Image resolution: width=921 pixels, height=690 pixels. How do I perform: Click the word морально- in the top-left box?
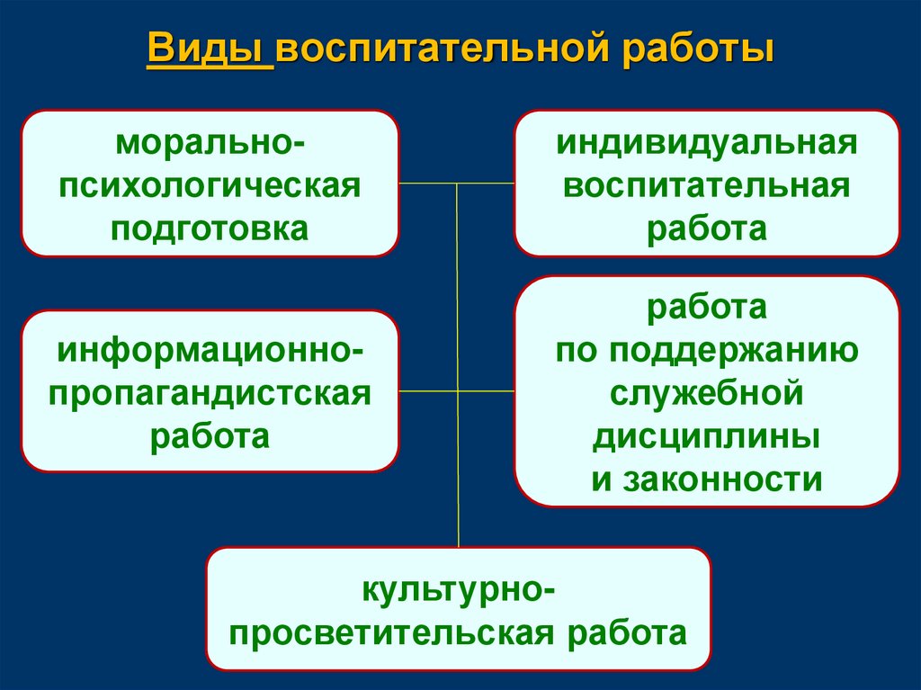(210, 144)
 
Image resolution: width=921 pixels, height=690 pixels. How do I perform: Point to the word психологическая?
(210, 185)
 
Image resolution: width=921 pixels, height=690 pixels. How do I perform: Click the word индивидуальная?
(706, 144)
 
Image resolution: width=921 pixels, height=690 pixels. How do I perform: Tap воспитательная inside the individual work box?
(706, 185)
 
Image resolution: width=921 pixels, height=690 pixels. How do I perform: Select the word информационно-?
(210, 348)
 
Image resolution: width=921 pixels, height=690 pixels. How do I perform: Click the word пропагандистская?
(210, 392)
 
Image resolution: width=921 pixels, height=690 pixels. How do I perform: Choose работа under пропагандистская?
(210, 436)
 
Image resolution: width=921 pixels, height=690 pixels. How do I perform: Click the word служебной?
(706, 393)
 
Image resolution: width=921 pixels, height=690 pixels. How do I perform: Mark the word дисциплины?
(706, 436)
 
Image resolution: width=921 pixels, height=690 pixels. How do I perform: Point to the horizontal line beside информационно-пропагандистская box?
(428, 392)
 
